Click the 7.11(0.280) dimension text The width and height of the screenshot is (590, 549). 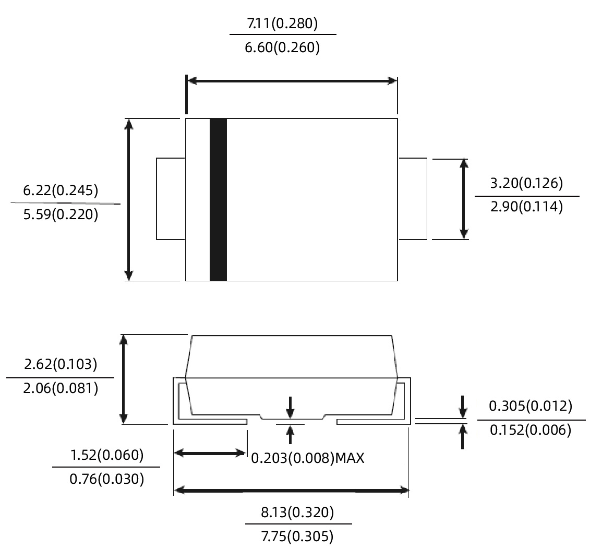(283, 23)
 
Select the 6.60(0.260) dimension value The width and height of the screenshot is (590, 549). (283, 48)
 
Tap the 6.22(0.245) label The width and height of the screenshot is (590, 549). (61, 190)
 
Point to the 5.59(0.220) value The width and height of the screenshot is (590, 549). (61, 214)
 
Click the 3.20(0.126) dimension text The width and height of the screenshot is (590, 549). (527, 183)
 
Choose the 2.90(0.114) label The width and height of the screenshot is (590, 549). (527, 207)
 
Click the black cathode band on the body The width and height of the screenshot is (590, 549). (218, 199)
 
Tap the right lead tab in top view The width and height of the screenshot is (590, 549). (413, 198)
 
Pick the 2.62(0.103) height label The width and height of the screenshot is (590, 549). (61, 364)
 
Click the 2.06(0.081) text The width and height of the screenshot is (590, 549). (61, 388)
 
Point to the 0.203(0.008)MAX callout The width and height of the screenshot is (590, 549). (308, 458)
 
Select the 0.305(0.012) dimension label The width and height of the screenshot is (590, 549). (530, 405)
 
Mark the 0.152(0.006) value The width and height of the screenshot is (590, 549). (530, 430)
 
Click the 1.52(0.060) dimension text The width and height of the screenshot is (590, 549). (106, 455)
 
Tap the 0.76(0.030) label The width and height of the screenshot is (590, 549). (106, 479)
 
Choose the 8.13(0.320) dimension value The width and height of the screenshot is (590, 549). (297, 512)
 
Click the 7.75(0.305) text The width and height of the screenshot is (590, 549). (297, 536)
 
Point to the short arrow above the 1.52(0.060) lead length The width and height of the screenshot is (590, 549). (210, 453)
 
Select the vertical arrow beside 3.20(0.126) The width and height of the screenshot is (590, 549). (463, 199)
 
